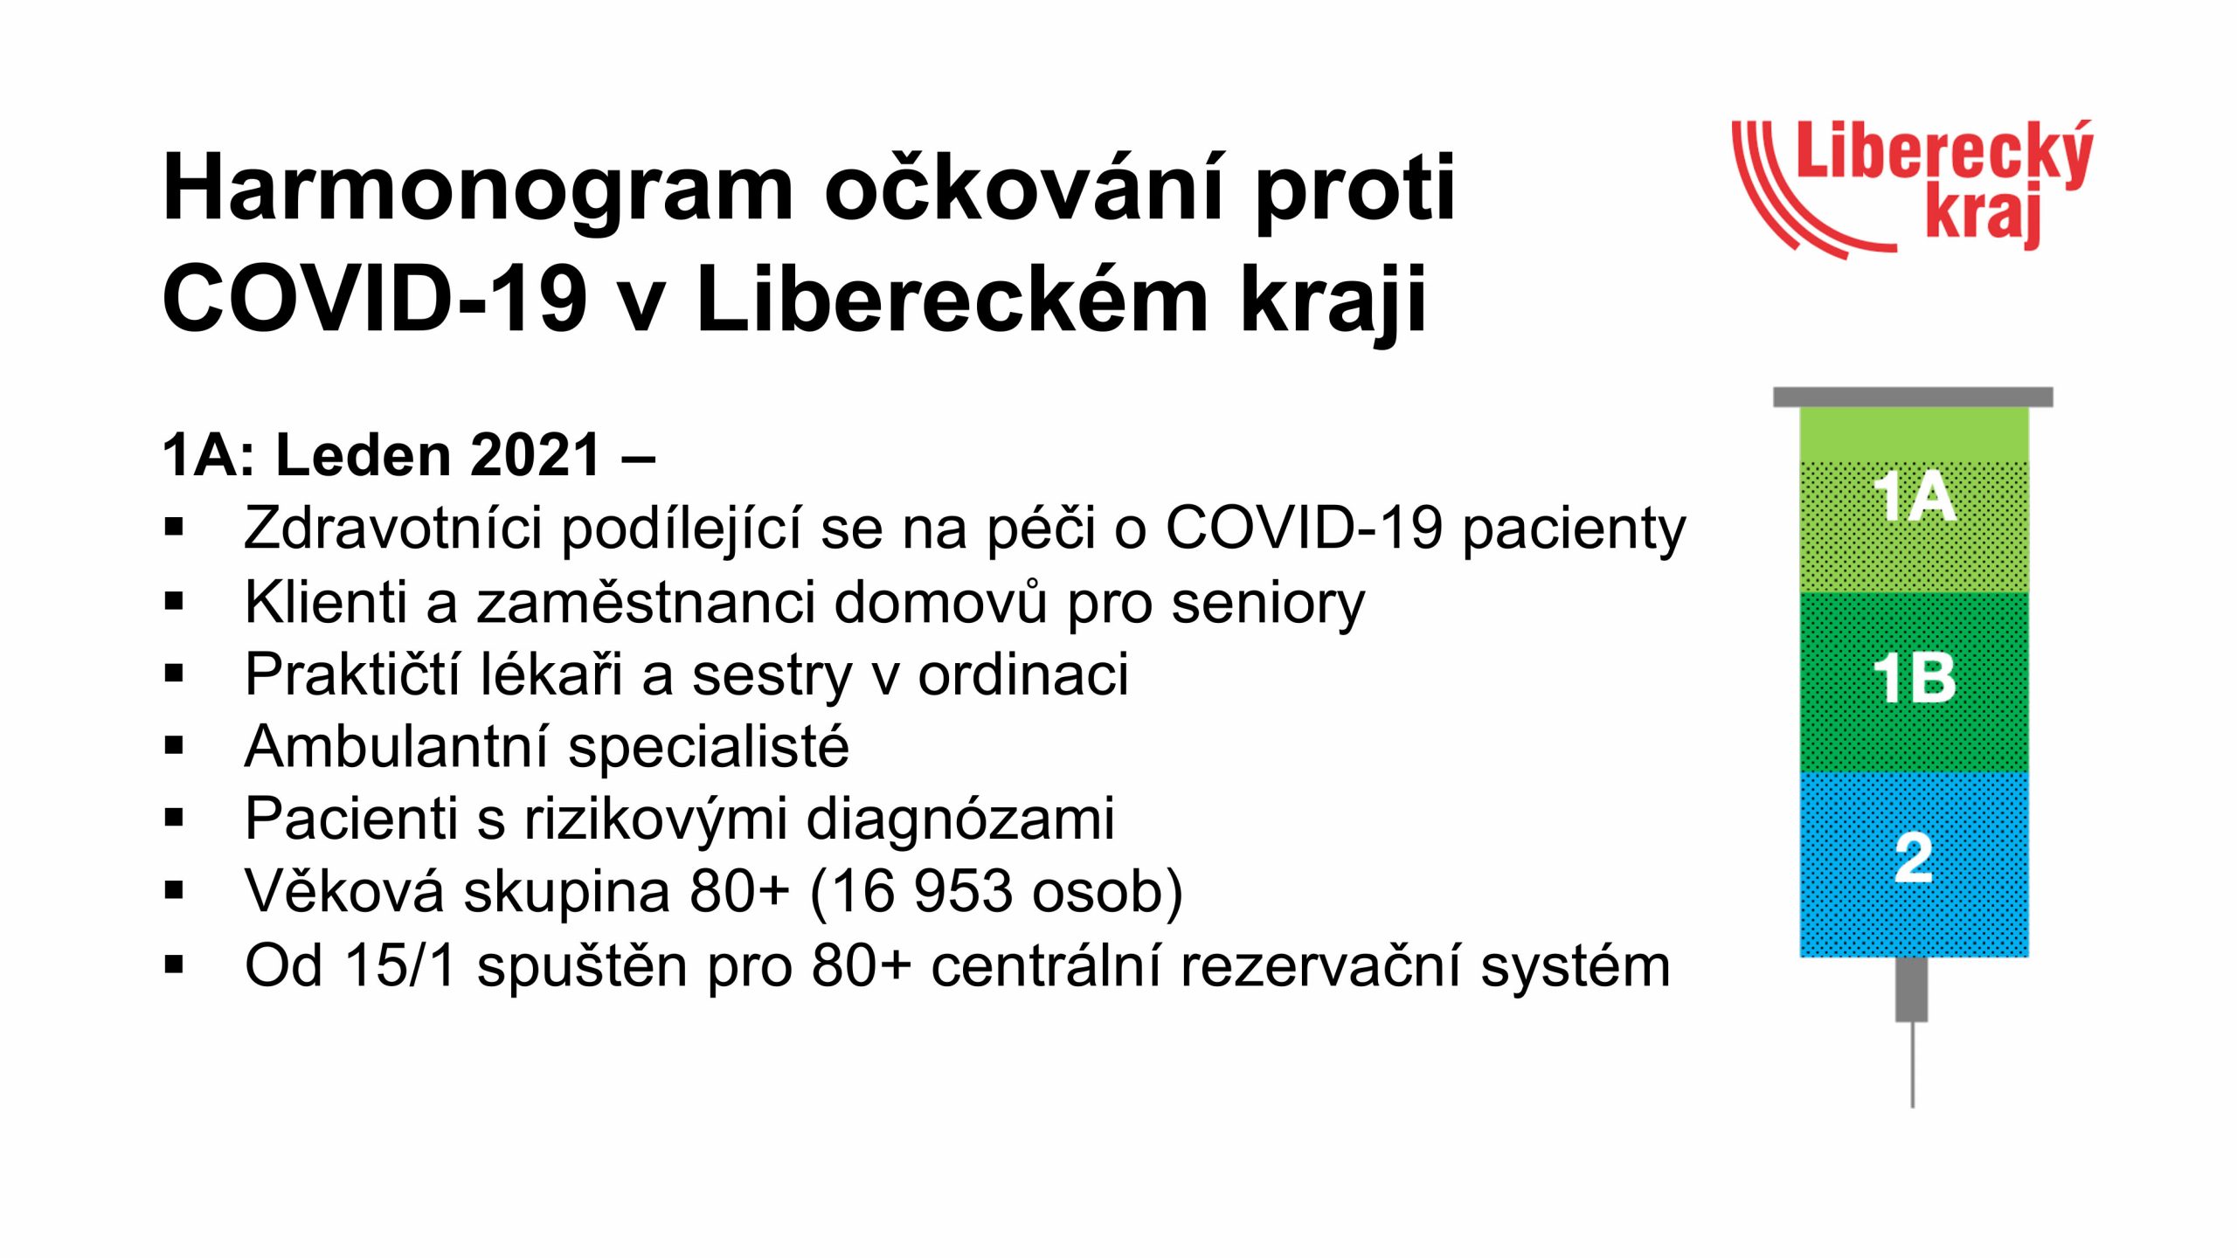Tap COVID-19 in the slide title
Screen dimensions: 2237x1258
tap(374, 299)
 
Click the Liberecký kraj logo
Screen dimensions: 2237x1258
tap(1912, 189)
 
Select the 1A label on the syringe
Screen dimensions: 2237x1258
tap(1914, 497)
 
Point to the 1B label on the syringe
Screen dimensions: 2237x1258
tap(1914, 678)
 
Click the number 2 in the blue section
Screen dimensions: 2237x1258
tap(1914, 858)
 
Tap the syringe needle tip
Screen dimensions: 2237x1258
tap(1913, 1106)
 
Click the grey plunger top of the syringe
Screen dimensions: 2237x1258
tap(1913, 397)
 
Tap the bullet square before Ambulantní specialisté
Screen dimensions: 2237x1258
tap(174, 746)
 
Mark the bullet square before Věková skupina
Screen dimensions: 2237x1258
tap(174, 891)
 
